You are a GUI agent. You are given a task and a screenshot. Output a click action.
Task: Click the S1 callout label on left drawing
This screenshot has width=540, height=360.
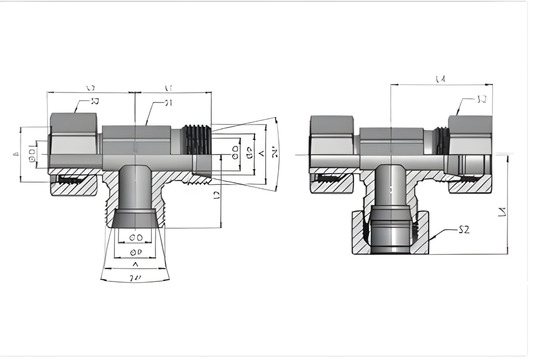click(x=169, y=103)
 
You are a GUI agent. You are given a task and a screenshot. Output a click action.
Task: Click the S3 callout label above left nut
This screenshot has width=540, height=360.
click(x=96, y=101)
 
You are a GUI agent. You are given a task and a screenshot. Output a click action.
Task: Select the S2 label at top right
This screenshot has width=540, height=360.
click(x=481, y=99)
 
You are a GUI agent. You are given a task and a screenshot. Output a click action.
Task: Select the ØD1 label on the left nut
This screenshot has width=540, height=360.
click(x=33, y=158)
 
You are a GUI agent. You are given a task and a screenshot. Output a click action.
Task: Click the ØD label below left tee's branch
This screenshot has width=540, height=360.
click(x=135, y=236)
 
